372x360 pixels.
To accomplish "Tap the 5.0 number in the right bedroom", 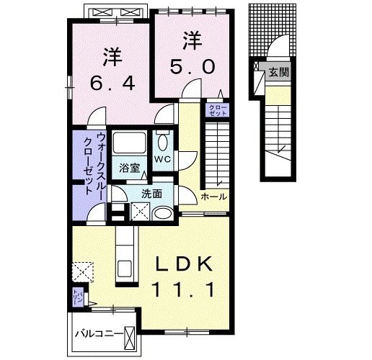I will (191, 67).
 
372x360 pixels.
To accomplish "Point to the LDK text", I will (185, 266).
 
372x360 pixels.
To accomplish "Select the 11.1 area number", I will (185, 291).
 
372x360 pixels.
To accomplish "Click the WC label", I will (162, 158).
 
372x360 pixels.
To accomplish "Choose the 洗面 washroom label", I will (151, 193).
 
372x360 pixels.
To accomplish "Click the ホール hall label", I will (213, 197).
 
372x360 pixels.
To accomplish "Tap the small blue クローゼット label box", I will (216, 110).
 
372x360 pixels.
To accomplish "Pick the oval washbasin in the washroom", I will (162, 213).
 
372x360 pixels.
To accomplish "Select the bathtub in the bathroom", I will (130, 141).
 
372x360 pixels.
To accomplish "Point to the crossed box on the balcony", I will (130, 336).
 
